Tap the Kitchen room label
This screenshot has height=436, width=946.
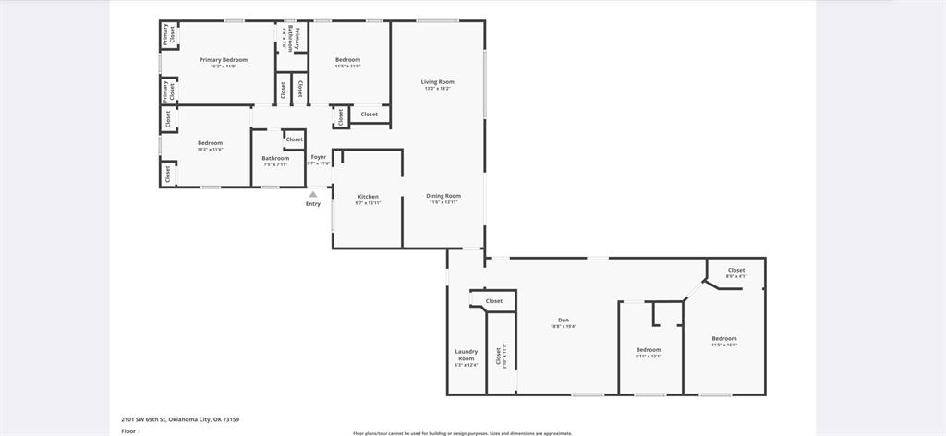pos(368,197)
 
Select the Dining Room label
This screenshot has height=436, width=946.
pos(443,196)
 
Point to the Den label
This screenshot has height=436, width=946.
pos(563,321)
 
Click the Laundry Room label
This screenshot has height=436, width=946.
pos(466,355)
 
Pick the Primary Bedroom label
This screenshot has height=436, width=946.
pos(224,60)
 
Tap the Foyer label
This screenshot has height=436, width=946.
pos(318,157)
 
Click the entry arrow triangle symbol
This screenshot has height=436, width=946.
pos(313,194)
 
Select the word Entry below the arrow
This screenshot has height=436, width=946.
pos(313,204)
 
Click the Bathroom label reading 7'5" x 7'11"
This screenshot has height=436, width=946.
pos(274,158)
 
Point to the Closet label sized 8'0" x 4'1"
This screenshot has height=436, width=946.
pos(736,270)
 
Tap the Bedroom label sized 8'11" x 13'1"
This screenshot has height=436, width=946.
pos(649,349)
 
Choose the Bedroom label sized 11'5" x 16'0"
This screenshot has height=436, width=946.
pos(724,338)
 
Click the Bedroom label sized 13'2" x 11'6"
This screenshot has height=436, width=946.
pos(210,143)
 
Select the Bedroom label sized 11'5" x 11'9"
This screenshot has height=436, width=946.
pos(347,60)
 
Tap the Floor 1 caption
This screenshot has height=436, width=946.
pos(130,430)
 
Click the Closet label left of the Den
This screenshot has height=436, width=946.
pos(494,301)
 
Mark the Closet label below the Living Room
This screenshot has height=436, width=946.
pos(370,115)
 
